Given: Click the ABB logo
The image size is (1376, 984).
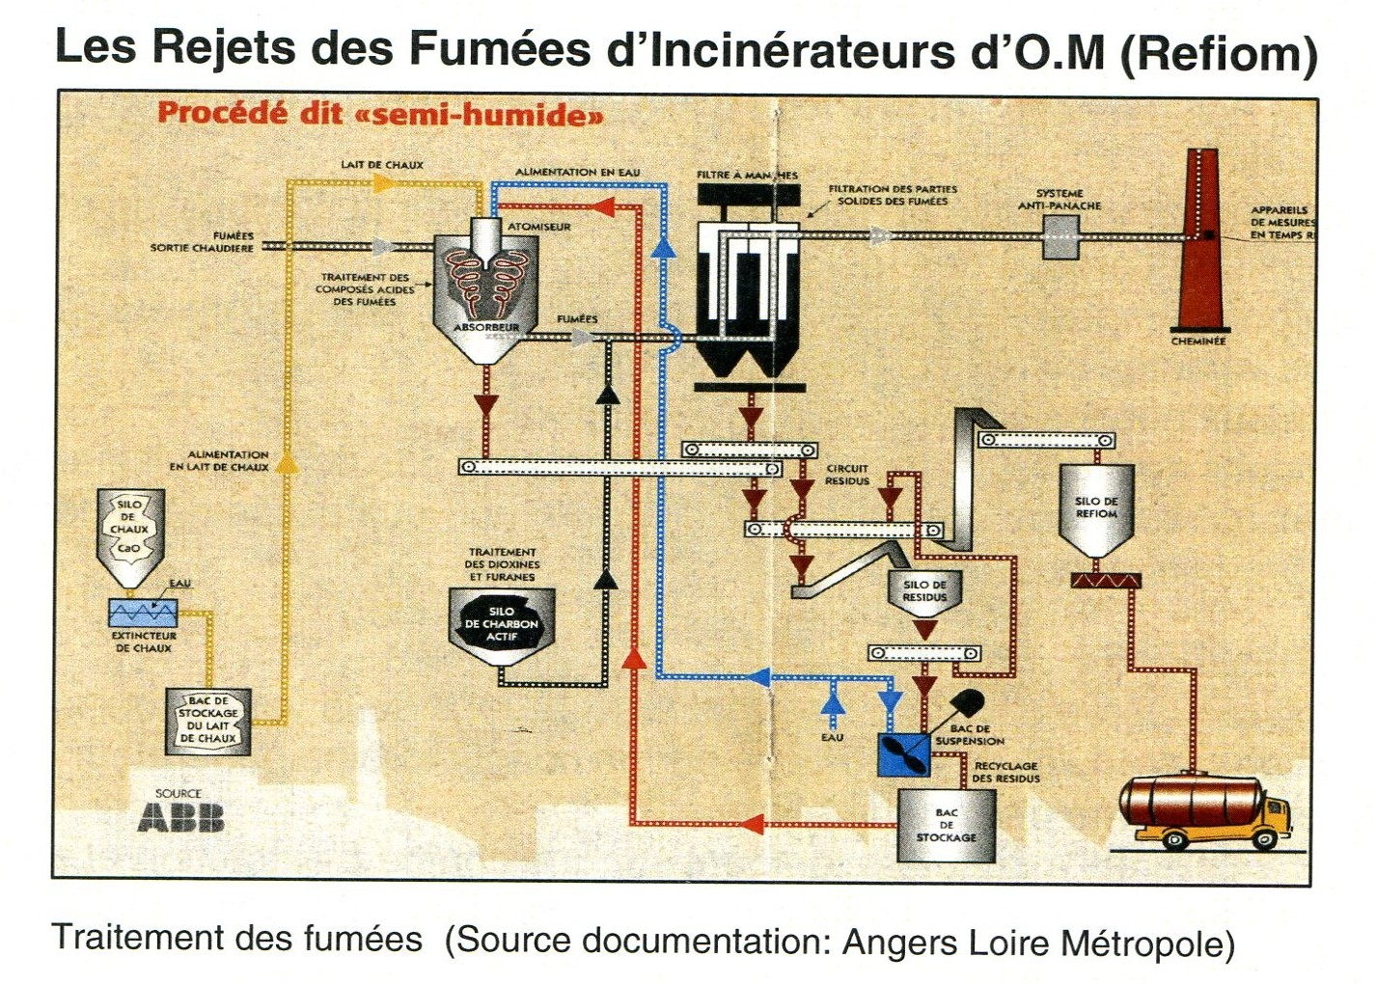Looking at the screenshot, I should [180, 818].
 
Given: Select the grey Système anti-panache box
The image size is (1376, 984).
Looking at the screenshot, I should [1060, 236].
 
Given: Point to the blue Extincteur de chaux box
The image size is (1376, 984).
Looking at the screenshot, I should [143, 613].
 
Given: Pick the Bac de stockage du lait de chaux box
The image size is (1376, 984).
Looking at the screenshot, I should [208, 720].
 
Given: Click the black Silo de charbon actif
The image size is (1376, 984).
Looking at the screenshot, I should [501, 625].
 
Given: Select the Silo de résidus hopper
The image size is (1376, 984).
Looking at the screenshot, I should [924, 593].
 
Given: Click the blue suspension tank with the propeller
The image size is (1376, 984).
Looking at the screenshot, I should [903, 754].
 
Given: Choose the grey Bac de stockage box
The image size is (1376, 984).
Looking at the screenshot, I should [946, 826].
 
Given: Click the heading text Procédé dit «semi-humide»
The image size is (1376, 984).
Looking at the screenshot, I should [380, 114].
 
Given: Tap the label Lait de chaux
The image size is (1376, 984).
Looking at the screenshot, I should [382, 165].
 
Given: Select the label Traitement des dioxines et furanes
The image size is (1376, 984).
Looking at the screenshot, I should [503, 564].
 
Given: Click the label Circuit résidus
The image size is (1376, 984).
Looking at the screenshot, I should [846, 475].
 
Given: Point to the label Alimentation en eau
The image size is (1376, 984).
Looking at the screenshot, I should [577, 172].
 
